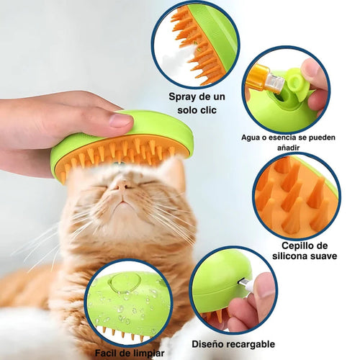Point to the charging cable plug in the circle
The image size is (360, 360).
(x=246, y=287)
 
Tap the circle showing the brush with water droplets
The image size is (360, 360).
(x=129, y=303)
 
